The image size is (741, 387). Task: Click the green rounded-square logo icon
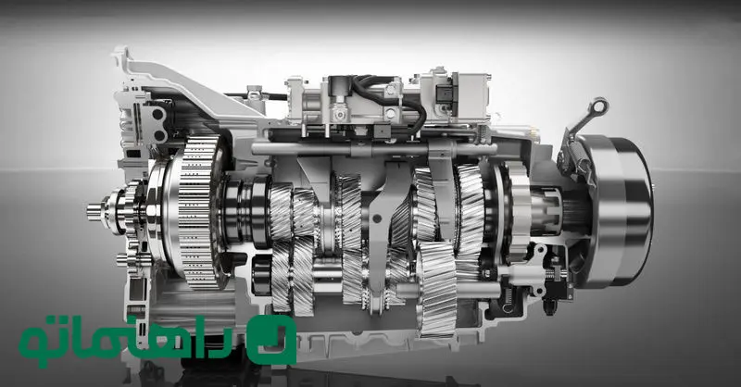tap(271, 339)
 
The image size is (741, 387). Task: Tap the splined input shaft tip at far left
tap(94, 212)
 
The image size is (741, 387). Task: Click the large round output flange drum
tap(619, 211)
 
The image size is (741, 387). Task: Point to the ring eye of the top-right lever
tap(599, 106)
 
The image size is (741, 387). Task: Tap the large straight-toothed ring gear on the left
tap(197, 213)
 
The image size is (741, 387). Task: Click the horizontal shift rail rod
tap(373, 149)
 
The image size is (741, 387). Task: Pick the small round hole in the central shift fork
tap(377, 218)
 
